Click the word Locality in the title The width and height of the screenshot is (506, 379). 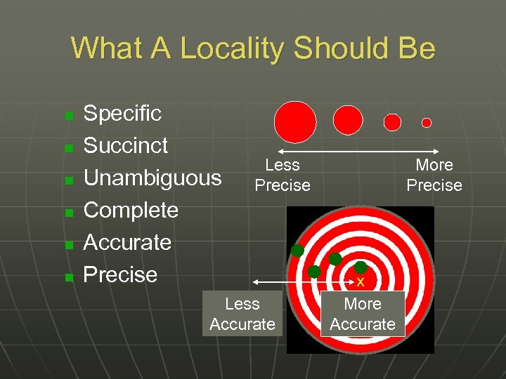(x=232, y=48)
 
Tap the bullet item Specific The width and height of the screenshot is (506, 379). (x=122, y=113)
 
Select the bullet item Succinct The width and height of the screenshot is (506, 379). (x=126, y=145)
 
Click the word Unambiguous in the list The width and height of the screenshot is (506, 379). (x=153, y=178)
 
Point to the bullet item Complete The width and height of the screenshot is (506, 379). (x=131, y=210)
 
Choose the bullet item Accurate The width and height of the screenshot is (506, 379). (x=127, y=242)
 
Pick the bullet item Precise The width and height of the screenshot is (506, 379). (x=120, y=274)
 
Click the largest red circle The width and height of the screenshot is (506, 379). (x=295, y=121)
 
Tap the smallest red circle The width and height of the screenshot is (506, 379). (x=426, y=123)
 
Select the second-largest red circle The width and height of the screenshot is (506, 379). (x=348, y=120)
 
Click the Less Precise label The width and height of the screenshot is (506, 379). (x=283, y=175)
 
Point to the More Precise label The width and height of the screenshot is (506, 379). (x=434, y=175)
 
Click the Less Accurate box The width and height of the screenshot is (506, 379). (x=242, y=314)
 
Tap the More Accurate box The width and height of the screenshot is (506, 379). (x=363, y=314)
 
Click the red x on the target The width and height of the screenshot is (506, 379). (x=361, y=282)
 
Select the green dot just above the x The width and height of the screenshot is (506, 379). (x=361, y=267)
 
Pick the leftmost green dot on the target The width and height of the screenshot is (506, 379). (x=297, y=251)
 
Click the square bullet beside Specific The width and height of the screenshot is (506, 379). (x=69, y=115)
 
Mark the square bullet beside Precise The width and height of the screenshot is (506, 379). (x=69, y=277)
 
